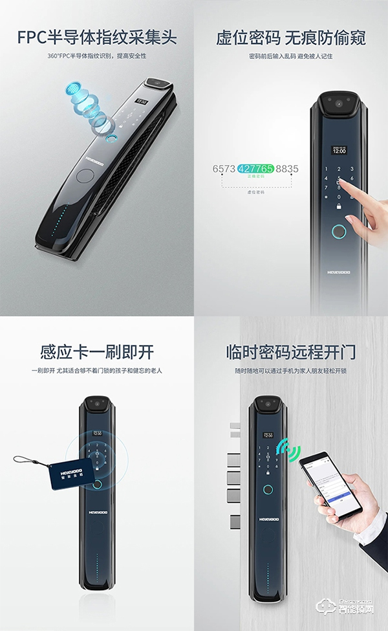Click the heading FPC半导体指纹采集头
tap(97, 37)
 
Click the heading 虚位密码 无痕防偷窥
tap(291, 37)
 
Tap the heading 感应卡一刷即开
tap(97, 353)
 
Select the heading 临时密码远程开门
tap(291, 353)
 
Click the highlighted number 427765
tap(255, 169)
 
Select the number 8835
tap(287, 169)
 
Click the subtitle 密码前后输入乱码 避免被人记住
tap(291, 56)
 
